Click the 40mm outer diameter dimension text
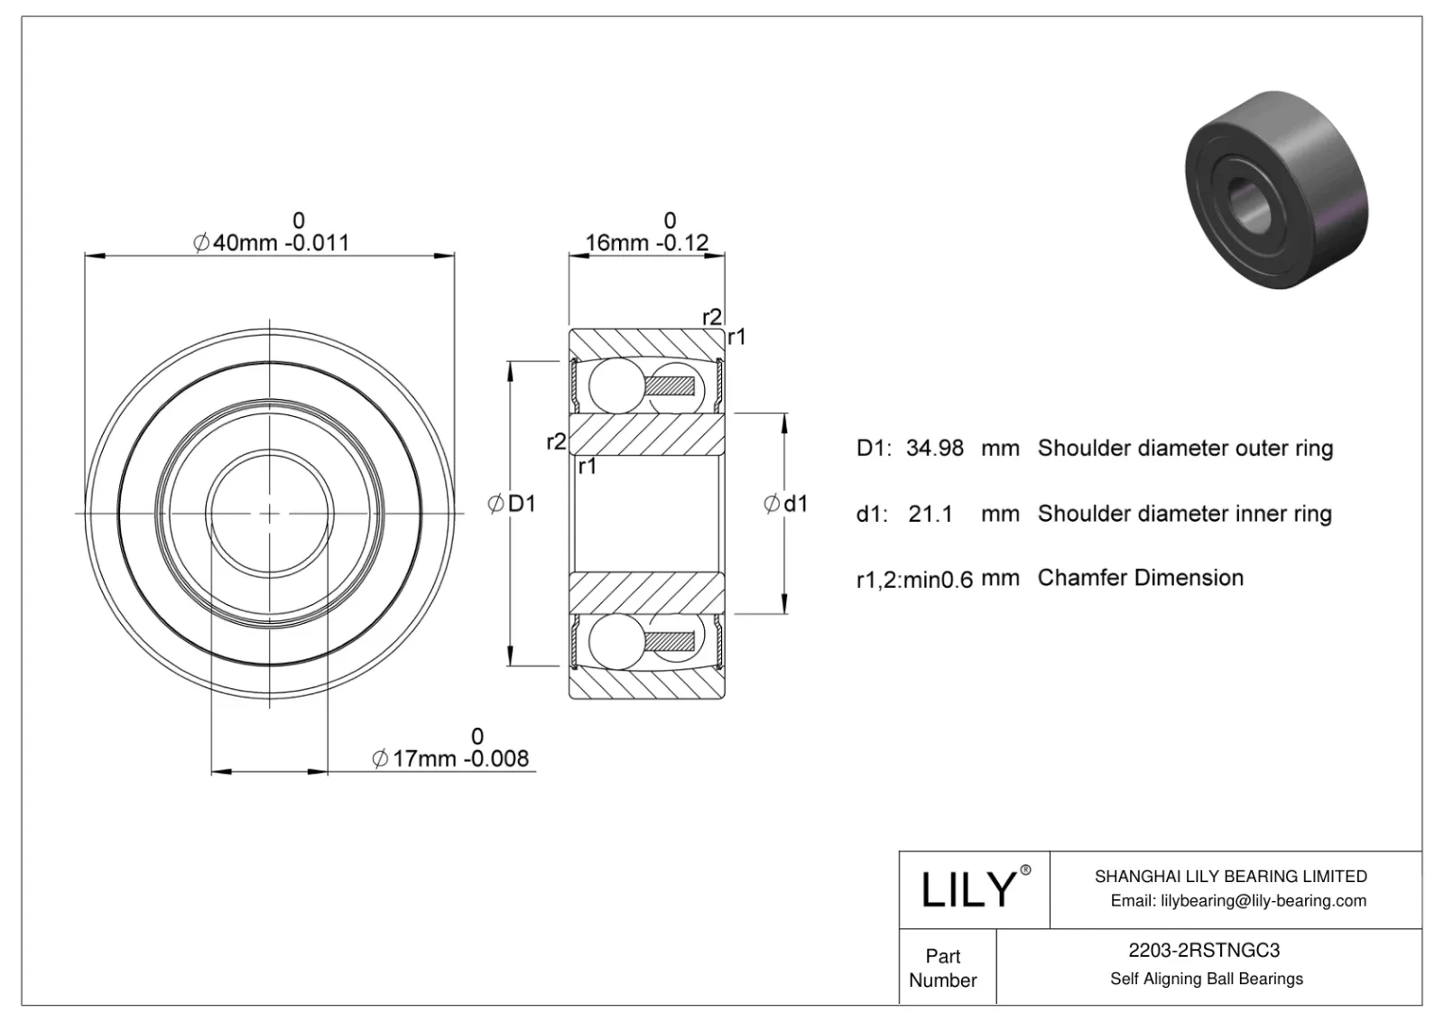[271, 242]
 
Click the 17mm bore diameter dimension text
[451, 758]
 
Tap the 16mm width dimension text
[646, 242]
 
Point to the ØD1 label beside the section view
[512, 504]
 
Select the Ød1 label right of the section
[785, 504]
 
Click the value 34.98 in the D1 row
[934, 448]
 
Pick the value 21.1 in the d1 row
[930, 514]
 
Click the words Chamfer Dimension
[1140, 578]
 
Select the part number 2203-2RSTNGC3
[1204, 950]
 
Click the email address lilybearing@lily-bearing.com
[1238, 900]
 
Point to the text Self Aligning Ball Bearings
[1206, 979]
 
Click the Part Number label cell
[943, 968]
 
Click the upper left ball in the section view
[614, 384]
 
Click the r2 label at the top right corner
[711, 317]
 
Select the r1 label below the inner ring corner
[587, 467]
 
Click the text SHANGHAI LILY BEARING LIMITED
[1230, 876]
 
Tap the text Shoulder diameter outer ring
[1185, 448]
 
